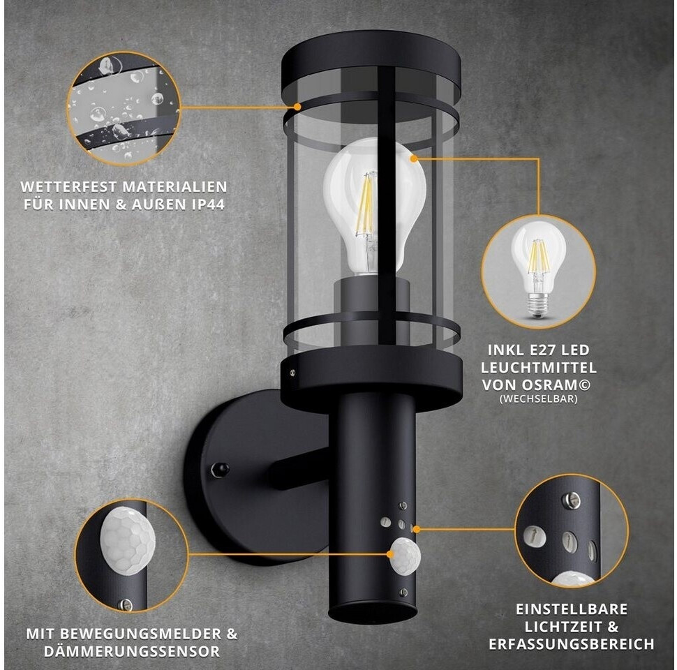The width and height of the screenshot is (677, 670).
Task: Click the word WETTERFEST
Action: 69,187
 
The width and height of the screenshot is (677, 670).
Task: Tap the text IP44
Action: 208,204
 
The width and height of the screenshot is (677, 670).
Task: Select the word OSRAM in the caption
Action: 557,385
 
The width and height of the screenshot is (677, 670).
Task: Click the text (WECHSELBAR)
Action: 538,399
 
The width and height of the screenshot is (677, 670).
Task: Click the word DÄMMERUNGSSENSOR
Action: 132,651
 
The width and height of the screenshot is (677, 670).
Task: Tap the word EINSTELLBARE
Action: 572,609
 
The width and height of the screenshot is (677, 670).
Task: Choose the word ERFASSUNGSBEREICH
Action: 571,644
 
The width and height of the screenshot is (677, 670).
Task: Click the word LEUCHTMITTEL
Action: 539,368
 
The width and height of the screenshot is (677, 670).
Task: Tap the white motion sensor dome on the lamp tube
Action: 405,555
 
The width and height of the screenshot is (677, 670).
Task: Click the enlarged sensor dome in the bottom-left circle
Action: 128,540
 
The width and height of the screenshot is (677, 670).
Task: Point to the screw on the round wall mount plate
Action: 220,470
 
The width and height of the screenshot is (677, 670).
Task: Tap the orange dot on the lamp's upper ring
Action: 297,106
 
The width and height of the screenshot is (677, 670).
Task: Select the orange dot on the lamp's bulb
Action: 414,158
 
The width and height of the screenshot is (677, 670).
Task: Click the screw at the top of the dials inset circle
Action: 570,500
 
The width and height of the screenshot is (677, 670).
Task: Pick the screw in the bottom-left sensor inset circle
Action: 125,605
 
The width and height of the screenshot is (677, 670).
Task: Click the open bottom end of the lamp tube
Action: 373,613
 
